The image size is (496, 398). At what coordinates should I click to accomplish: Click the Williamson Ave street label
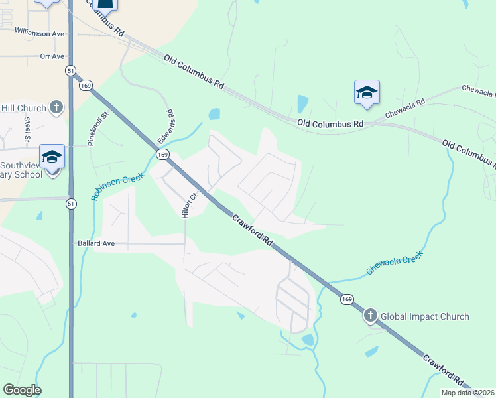point(39,33)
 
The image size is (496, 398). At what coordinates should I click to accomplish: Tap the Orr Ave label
point(52,57)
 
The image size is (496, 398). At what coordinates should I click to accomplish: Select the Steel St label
point(28,130)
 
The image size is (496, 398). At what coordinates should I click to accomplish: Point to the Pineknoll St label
point(99,128)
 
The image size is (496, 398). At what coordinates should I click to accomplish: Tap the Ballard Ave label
point(96,243)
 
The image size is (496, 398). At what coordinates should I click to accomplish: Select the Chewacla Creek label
point(395,263)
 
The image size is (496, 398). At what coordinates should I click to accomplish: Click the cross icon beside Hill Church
point(56,107)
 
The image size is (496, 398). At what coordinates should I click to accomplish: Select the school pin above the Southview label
point(52,157)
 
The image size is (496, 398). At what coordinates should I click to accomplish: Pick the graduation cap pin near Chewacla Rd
point(367,92)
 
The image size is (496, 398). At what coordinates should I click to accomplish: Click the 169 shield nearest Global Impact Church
point(347,300)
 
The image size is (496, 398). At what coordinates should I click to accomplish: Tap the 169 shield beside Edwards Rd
point(162,154)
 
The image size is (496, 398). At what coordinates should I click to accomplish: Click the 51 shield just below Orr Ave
point(70,70)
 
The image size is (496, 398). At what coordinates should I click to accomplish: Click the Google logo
point(22,390)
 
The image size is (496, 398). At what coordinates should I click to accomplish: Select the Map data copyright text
point(468,393)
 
